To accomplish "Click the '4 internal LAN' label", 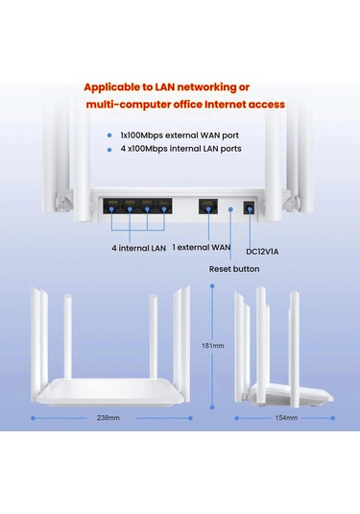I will tap(138, 247).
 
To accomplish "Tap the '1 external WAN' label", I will tap(203, 247).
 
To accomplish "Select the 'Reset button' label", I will tap(234, 269).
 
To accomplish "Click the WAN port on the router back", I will tap(206, 207).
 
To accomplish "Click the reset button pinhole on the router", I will tap(231, 206).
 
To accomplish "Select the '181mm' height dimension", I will tap(212, 346).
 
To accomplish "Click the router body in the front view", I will tap(108, 392).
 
